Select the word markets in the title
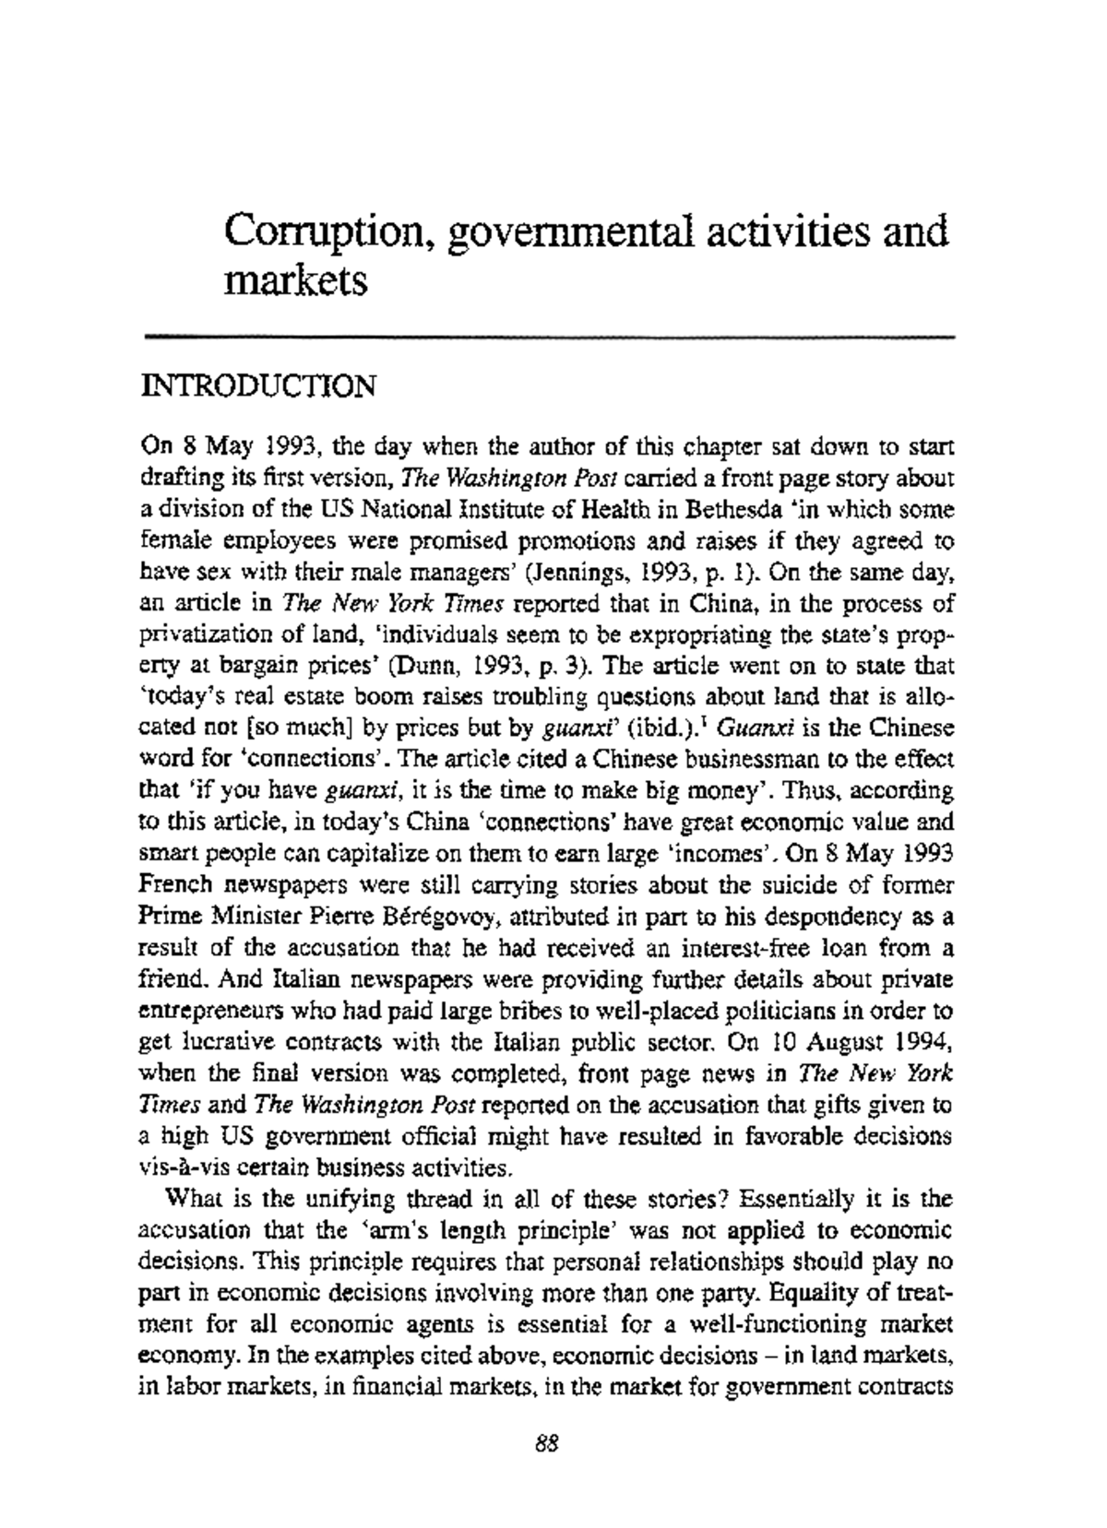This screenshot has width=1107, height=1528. coord(295,278)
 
